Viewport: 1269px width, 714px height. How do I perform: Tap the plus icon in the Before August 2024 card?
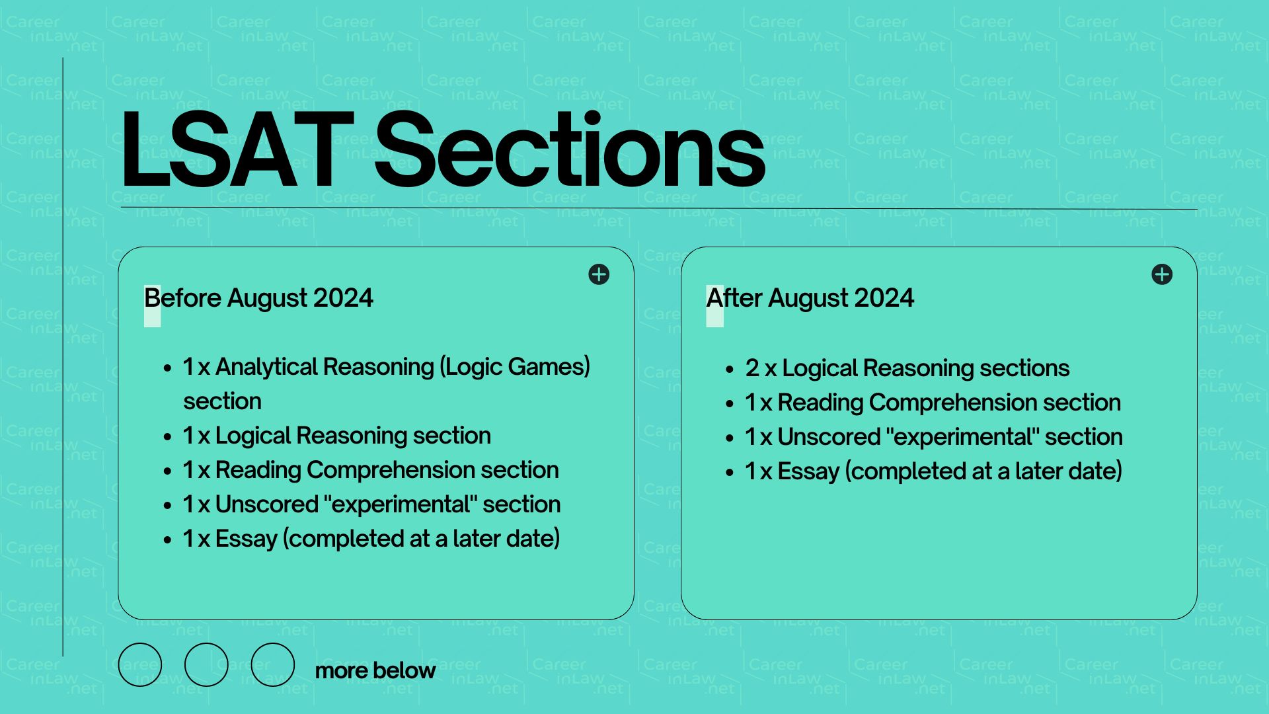coord(599,274)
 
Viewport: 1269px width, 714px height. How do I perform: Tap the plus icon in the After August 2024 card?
coord(1162,274)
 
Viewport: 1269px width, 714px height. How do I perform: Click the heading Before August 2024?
coord(258,298)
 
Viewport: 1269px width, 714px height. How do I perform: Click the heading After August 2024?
coord(810,298)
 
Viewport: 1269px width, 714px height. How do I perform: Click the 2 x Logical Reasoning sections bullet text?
coord(907,368)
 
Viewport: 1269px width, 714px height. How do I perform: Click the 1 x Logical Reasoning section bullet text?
coord(336,436)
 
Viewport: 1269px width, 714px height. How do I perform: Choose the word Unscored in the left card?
coord(267,504)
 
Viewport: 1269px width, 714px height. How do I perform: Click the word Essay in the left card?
coord(246,539)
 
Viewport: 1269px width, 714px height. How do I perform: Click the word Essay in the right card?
coord(808,471)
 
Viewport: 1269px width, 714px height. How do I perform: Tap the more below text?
coord(375,670)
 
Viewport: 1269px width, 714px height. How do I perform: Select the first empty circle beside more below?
coord(140,664)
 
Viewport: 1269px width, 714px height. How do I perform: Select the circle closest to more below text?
coord(272,664)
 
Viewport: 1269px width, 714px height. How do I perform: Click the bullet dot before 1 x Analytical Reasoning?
coord(167,368)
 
